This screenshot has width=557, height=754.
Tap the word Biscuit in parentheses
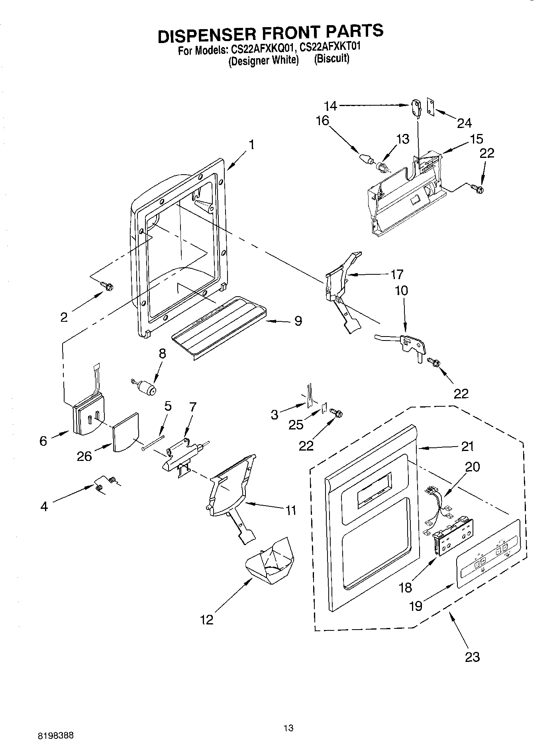(331, 59)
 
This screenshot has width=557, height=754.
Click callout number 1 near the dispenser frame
(251, 144)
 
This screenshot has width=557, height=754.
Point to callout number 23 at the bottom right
(472, 656)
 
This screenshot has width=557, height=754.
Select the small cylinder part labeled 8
(148, 387)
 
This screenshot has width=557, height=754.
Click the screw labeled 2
(107, 286)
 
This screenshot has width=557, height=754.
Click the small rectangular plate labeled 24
(431, 106)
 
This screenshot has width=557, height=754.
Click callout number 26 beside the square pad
(84, 456)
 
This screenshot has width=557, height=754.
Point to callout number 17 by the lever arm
(396, 274)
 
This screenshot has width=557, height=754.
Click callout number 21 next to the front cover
(467, 446)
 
